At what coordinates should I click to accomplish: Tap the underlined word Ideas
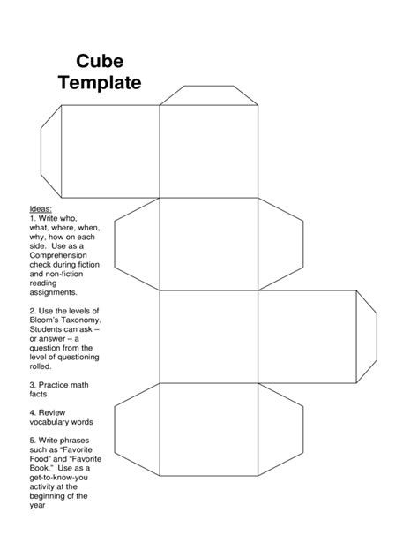pos(41,208)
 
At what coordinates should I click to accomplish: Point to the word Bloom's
pos(47,322)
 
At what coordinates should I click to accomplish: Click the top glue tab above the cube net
pos(208,94)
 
